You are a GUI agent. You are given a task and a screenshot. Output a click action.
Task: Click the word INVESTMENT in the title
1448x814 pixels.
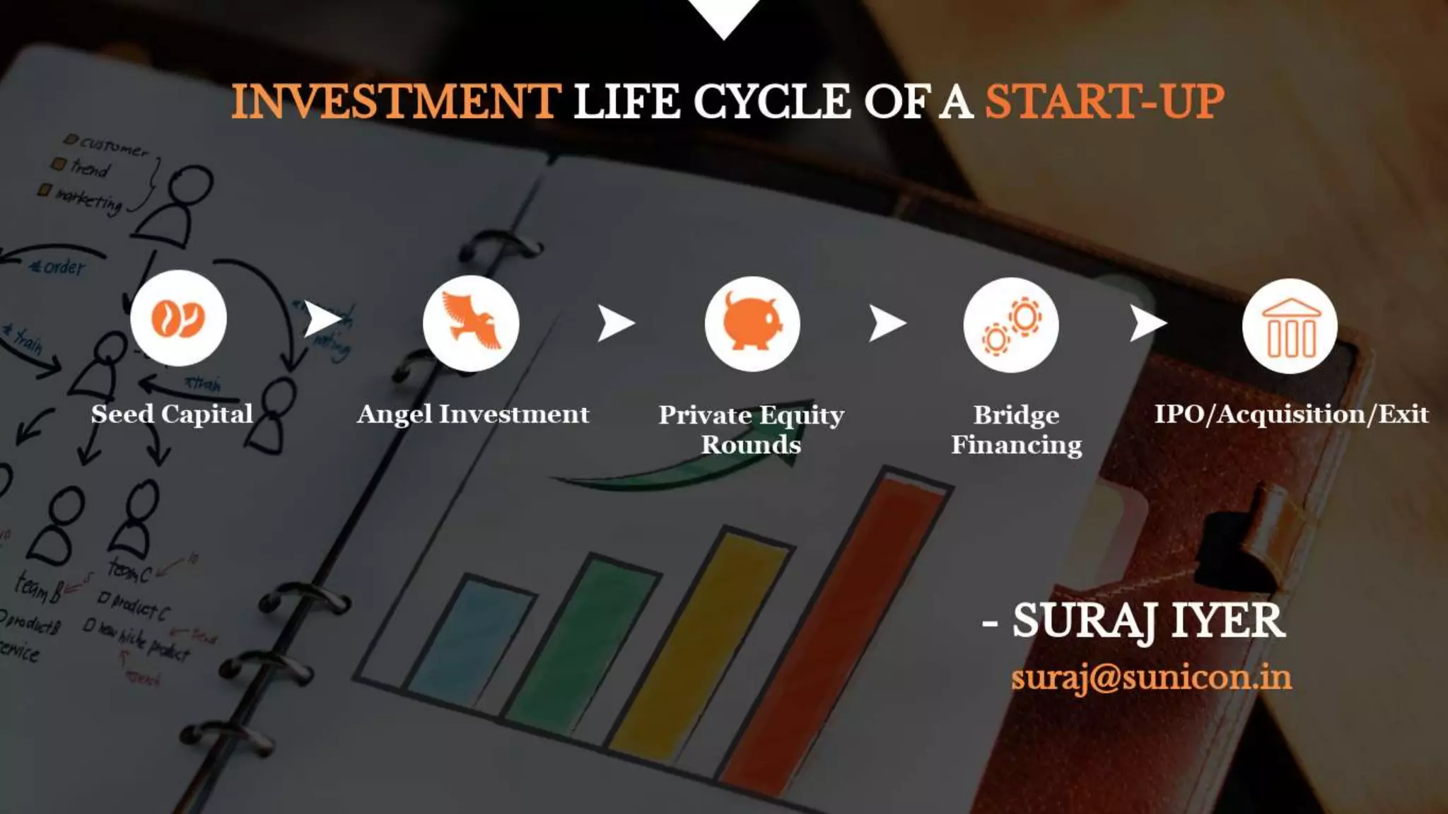pyautogui.click(x=396, y=101)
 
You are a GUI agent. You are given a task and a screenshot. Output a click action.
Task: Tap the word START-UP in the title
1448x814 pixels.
pyautogui.click(x=1104, y=101)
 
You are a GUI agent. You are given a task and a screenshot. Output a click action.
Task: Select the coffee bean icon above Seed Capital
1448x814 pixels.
pyautogui.click(x=178, y=318)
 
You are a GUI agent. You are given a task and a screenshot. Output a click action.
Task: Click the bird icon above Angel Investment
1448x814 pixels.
pyautogui.click(x=471, y=323)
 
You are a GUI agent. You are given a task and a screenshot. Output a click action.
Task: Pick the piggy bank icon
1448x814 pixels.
pyautogui.click(x=752, y=324)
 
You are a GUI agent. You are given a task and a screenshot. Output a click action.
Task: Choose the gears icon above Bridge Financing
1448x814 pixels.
pyautogui.click(x=1011, y=325)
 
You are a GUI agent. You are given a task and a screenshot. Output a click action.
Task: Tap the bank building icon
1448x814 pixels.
pyautogui.click(x=1290, y=326)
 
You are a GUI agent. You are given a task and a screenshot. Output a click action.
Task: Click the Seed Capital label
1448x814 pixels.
pyautogui.click(x=172, y=414)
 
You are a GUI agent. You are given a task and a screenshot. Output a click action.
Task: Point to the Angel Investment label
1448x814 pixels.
pyautogui.click(x=473, y=414)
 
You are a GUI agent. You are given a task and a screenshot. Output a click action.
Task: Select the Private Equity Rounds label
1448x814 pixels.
pyautogui.click(x=751, y=429)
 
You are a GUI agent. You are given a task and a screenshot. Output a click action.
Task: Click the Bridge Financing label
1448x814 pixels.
pyautogui.click(x=1016, y=429)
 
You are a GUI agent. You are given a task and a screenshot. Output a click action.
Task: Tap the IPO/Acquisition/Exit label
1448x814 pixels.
pyautogui.click(x=1291, y=414)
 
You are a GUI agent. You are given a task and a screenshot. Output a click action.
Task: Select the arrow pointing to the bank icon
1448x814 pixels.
pyautogui.click(x=1146, y=323)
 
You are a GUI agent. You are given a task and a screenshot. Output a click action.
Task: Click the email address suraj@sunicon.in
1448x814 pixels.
pyautogui.click(x=1151, y=678)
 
